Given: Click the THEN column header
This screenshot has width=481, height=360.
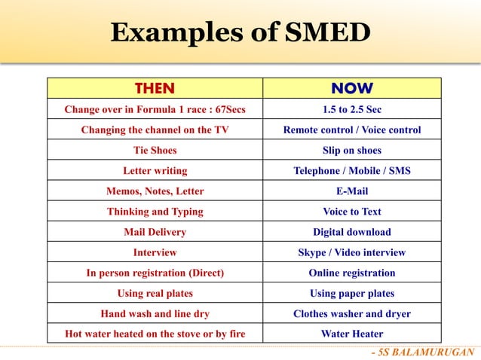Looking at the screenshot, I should (x=155, y=88).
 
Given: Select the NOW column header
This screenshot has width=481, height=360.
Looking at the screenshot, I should (x=351, y=88).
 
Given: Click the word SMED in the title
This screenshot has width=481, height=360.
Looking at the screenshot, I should (x=329, y=32).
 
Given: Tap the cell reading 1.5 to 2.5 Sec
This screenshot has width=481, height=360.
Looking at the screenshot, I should (x=351, y=109).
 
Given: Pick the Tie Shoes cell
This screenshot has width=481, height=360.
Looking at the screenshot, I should (x=155, y=150).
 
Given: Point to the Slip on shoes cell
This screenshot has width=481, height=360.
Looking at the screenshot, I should (x=351, y=150).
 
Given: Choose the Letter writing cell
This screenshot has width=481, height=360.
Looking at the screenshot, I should (x=155, y=171).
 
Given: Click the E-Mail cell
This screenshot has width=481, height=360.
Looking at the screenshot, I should (x=351, y=191).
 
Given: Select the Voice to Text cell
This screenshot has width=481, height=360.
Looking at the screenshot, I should (x=351, y=212).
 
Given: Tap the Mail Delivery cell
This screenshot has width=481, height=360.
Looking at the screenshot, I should (x=155, y=232).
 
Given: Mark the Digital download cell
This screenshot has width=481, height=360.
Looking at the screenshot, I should (x=351, y=232).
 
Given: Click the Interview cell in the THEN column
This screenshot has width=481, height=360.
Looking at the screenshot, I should (x=155, y=252).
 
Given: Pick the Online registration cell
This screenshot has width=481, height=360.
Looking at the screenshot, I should (x=351, y=273).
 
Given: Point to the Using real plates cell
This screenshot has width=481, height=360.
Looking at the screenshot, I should (x=155, y=293).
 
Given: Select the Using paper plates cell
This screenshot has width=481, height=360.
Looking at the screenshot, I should (x=351, y=293).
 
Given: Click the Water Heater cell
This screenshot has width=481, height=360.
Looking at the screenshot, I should (x=351, y=334).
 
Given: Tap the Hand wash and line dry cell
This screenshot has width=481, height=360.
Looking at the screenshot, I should (x=155, y=313).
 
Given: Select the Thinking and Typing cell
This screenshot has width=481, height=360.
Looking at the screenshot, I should (x=155, y=212).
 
